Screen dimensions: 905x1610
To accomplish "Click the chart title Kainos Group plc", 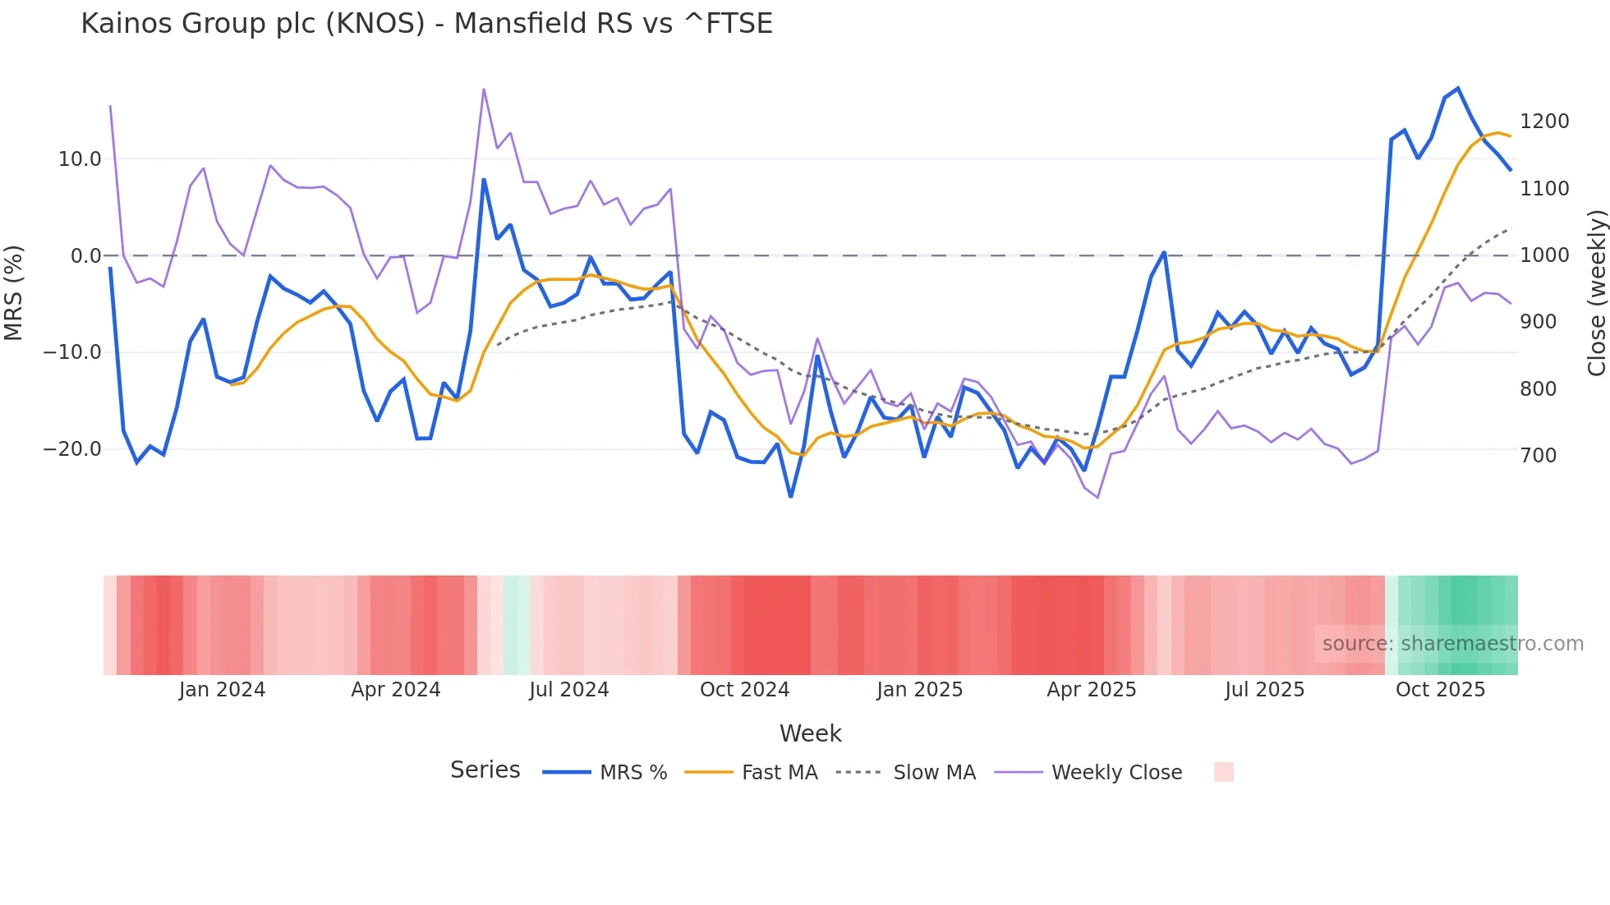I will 426,24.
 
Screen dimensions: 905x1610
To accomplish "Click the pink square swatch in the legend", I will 1223,772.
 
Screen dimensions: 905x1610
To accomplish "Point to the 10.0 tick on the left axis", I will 80,159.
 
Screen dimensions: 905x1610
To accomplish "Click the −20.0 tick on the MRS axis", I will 72,449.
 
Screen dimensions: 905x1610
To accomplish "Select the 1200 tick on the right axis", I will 1543,122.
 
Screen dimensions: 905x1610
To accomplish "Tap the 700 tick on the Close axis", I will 1538,456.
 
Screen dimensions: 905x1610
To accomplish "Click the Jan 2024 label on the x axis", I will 222,690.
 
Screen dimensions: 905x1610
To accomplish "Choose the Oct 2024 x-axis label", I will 744,690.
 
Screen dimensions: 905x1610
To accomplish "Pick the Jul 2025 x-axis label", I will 1264,690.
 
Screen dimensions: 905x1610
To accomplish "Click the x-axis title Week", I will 810,733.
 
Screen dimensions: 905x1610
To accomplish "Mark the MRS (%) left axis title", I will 14,292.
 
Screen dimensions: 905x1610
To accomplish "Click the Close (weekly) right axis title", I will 1596,293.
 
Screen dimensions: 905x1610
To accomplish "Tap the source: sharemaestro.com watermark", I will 1452,644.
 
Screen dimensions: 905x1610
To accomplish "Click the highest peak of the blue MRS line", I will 1457,88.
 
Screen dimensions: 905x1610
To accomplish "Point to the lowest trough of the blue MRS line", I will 790,496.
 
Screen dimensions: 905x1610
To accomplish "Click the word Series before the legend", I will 485,770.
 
